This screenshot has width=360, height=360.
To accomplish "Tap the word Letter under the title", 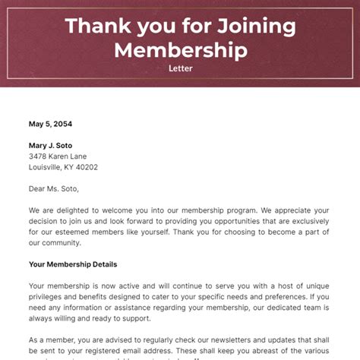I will (180, 68).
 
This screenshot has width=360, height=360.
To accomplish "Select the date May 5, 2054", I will (51, 124).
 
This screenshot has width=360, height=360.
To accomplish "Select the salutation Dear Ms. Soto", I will (54, 188).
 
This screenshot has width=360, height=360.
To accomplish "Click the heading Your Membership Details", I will (73, 264).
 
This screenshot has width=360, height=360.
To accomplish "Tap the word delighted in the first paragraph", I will (81, 210).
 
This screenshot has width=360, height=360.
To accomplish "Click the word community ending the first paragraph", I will (60, 243).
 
